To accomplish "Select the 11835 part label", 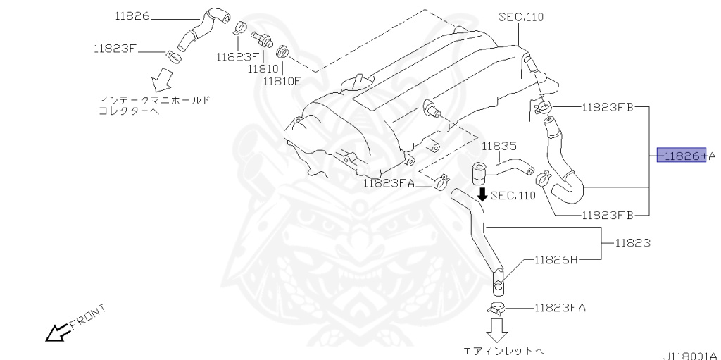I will (499, 147).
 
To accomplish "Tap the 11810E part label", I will (282, 81).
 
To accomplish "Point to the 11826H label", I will (556, 259).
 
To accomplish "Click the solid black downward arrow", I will (482, 194).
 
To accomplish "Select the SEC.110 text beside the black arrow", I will (513, 196).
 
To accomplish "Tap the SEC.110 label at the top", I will (520, 17).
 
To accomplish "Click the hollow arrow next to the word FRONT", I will (55, 332).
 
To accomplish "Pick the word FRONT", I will (88, 316).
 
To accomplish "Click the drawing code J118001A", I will (689, 355).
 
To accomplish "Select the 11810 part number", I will (263, 69).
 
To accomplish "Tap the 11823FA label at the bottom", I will (560, 307).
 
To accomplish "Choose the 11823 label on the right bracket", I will (632, 243).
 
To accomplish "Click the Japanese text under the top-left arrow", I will (153, 106).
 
